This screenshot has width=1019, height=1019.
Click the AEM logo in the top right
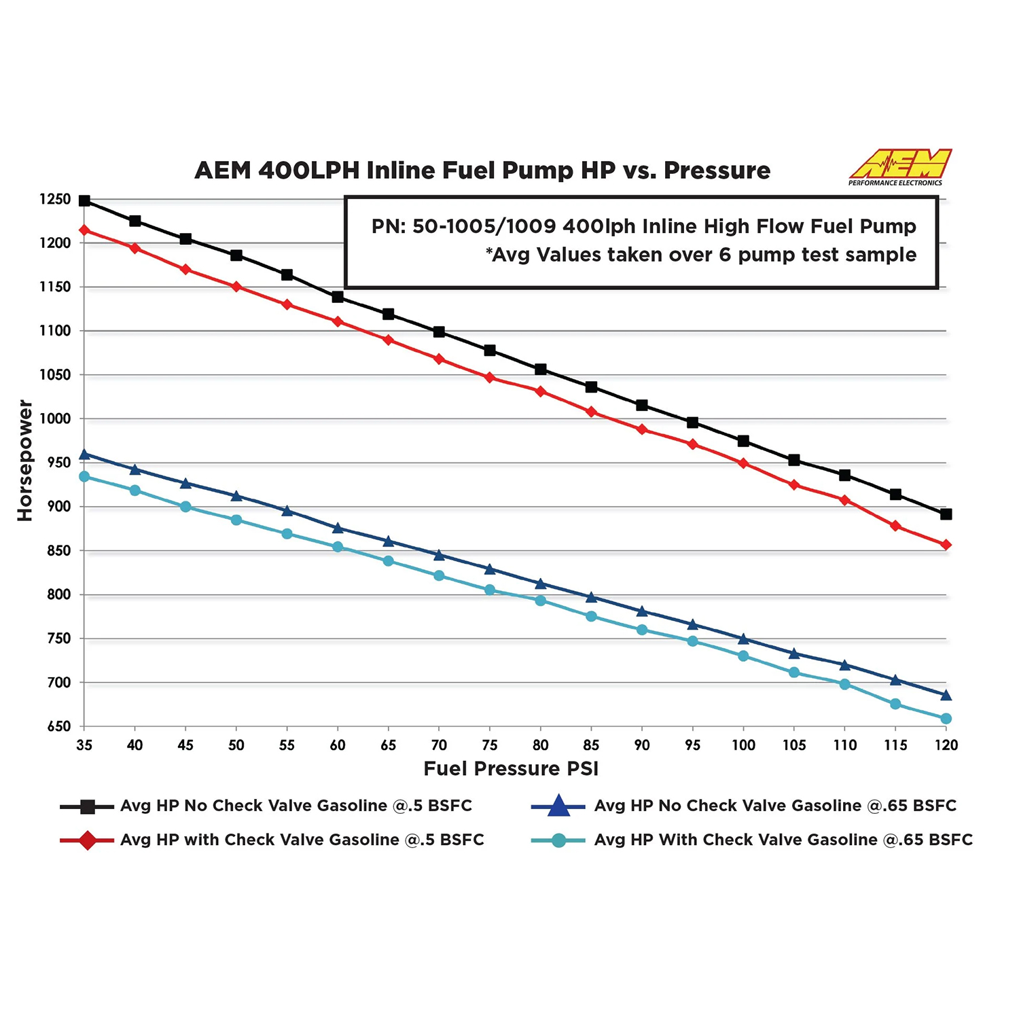pos(899,166)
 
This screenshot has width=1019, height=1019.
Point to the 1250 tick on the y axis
pos(55,200)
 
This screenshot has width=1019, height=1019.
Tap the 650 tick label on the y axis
pos(59,727)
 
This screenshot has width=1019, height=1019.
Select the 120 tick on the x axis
pos(946,745)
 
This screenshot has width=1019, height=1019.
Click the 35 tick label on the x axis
pos(84,745)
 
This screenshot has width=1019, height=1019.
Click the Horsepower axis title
pos(25,461)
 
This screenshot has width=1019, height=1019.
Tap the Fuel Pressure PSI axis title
pos(511,768)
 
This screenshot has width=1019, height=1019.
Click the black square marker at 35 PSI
pos(84,200)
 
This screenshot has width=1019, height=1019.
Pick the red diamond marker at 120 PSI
pos(946,545)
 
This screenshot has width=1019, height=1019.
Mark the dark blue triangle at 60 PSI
pos(338,528)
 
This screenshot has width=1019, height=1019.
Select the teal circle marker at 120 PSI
pos(946,719)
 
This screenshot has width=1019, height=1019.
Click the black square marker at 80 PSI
pos(541,370)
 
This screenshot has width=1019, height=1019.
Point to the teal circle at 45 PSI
pos(185,507)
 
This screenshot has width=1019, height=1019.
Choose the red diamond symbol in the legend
pos(87,840)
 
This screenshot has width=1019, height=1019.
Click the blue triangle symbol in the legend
pos(558,806)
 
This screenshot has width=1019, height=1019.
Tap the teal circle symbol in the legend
pos(558,840)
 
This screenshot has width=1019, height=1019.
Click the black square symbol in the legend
pos(87,806)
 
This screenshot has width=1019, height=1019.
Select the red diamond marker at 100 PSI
pos(743,463)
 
